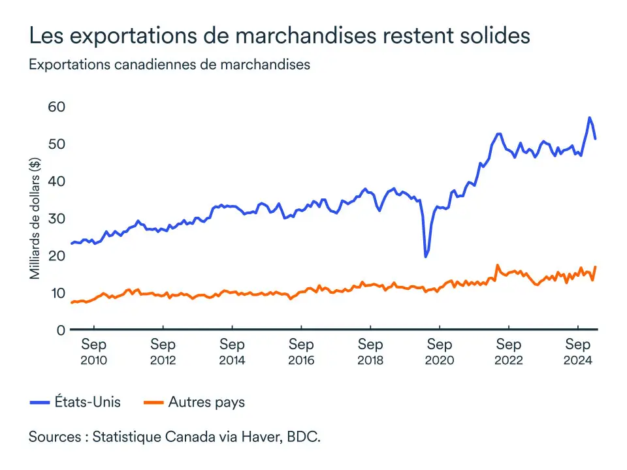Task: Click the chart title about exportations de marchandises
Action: pos(279,37)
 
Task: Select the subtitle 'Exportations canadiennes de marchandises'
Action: pos(169,65)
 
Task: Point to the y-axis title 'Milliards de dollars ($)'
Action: pos(35,218)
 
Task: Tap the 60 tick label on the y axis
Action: pos(57,106)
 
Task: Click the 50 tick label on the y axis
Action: pos(57,144)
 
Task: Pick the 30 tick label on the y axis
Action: pos(57,218)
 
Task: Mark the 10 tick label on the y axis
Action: pos(57,292)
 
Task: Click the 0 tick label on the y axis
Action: pos(61,330)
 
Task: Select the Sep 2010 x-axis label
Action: pos(94,351)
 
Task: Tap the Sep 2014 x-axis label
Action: pos(232,351)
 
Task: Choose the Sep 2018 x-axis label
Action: pos(370,351)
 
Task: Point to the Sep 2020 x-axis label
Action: pos(440,351)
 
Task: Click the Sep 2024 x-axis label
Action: pos(578,351)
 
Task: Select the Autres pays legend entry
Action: pos(194,402)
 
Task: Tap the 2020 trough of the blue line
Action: pos(426,257)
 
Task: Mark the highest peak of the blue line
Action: pos(589,117)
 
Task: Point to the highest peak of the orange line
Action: pos(497,265)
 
